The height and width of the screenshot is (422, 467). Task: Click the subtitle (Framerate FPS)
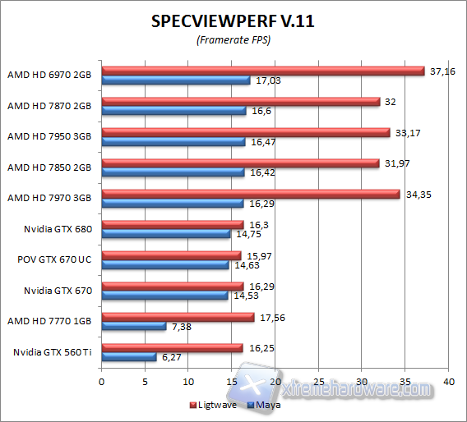click(x=233, y=40)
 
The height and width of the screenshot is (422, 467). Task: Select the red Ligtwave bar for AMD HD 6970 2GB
click(x=261, y=71)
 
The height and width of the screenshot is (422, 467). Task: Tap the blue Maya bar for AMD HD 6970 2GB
click(x=174, y=80)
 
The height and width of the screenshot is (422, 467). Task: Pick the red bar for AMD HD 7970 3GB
click(x=250, y=194)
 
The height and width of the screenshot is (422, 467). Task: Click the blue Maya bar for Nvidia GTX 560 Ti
click(x=127, y=357)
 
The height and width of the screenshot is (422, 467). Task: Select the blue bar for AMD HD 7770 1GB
click(x=132, y=327)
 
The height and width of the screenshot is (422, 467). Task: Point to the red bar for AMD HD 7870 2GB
click(x=239, y=102)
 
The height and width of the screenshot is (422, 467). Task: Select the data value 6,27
click(x=171, y=357)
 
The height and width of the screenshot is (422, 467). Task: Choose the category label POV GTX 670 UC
click(x=54, y=259)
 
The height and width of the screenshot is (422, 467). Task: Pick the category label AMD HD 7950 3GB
click(x=49, y=135)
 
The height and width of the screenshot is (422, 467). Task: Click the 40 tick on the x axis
click(x=448, y=382)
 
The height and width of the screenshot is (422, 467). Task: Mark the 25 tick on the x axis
click(x=318, y=382)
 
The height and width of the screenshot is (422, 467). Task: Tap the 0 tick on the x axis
click(x=101, y=382)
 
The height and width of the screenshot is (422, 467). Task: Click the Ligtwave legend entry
click(x=215, y=405)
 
